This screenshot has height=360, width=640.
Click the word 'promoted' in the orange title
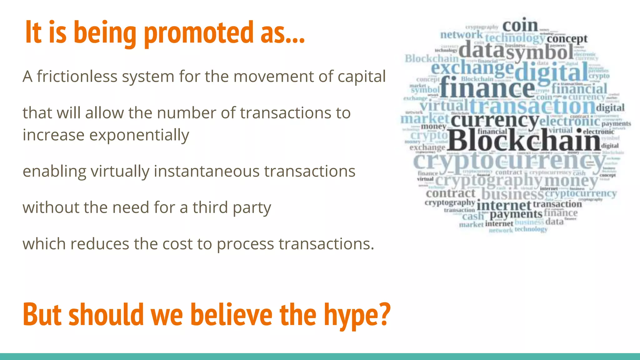[x=199, y=32]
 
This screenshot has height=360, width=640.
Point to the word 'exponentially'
[x=139, y=135]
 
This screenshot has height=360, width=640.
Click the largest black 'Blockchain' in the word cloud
[x=524, y=140]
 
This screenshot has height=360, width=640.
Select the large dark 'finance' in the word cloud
[x=487, y=87]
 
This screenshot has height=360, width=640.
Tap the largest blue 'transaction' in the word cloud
[x=532, y=106]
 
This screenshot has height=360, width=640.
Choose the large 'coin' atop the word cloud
[x=520, y=26]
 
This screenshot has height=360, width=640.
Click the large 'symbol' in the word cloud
[x=540, y=52]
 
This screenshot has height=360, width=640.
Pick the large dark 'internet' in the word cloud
[x=504, y=206]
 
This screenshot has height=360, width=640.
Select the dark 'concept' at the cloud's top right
[x=567, y=39]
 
